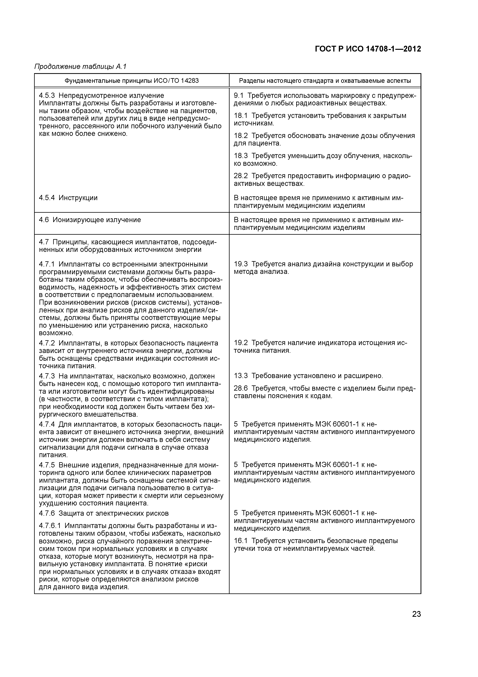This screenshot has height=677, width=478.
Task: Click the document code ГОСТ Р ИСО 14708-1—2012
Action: pos(368,49)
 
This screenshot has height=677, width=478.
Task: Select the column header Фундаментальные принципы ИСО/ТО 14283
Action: pos(132,80)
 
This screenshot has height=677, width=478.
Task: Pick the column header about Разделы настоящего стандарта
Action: pos(325,80)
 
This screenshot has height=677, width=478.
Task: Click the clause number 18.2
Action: pos(241,136)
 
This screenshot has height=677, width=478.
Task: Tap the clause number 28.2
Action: pos(241,176)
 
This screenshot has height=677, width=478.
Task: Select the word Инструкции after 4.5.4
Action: pos(78,198)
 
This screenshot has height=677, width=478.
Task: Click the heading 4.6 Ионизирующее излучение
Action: pos(90,220)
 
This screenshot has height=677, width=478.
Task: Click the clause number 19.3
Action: pos(241,264)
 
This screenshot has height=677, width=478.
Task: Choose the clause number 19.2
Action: pos(241,343)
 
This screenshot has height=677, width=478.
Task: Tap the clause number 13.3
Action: pos(241,376)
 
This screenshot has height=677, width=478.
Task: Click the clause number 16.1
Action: pos(241,541)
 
